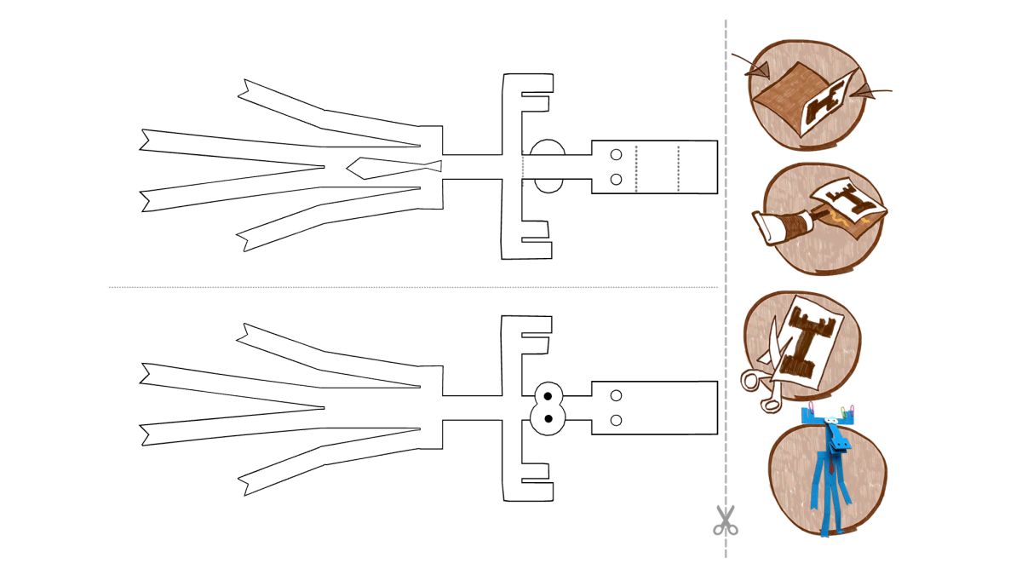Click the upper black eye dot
click(548, 397)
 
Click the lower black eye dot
click(548, 417)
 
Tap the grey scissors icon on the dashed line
click(725, 520)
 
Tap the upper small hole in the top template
click(617, 155)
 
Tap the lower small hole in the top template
click(617, 179)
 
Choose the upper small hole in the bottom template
click(617, 395)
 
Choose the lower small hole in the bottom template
click(617, 420)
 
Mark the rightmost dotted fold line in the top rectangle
click(679, 167)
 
